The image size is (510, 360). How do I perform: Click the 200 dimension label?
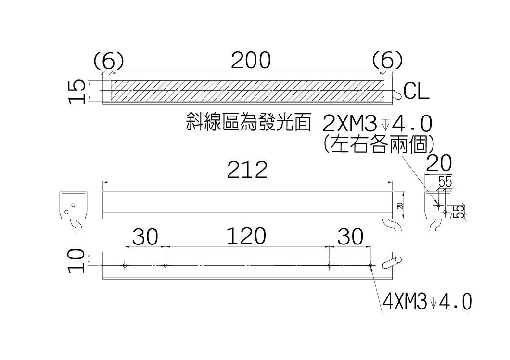click(x=251, y=61)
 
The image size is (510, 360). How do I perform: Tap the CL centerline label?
click(x=416, y=91)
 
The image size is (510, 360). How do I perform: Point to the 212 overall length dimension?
click(x=247, y=169)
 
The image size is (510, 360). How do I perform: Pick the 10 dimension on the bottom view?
click(x=77, y=260)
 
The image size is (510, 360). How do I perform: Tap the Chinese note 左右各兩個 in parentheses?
click(x=379, y=143)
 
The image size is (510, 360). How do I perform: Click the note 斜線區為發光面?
click(x=248, y=122)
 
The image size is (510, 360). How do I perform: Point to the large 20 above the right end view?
click(x=439, y=163)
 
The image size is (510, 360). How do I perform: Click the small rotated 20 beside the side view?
click(x=400, y=206)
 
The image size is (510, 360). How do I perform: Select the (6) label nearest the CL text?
click(x=387, y=61)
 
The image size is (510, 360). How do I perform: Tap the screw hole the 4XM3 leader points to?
click(x=370, y=266)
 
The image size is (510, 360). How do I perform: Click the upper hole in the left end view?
click(x=74, y=205)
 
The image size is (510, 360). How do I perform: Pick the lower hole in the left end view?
click(x=66, y=212)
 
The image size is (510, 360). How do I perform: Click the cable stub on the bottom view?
click(x=392, y=262)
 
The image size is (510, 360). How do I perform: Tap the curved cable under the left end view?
click(x=76, y=225)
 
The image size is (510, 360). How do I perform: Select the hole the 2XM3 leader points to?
click(x=438, y=205)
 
